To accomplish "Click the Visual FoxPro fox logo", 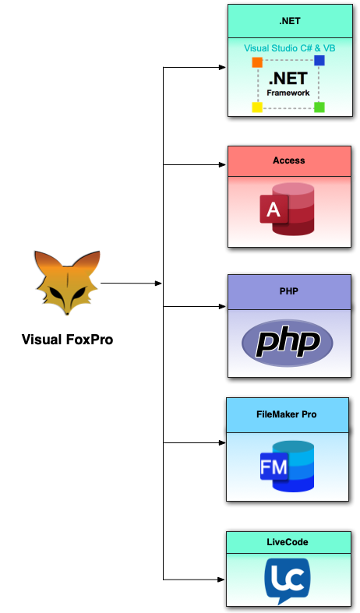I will pyautogui.click(x=67, y=282).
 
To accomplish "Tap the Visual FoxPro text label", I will pyautogui.click(x=67, y=339).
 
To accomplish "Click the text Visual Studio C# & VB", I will pyautogui.click(x=289, y=48).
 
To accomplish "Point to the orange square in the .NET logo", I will pyautogui.click(x=257, y=62).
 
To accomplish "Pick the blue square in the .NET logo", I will pyautogui.click(x=319, y=60).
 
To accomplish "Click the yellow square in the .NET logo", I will pyautogui.click(x=257, y=107).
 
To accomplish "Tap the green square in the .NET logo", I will pyautogui.click(x=319, y=107).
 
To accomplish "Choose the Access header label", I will pyautogui.click(x=288, y=160).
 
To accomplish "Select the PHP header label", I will pyautogui.click(x=288, y=291).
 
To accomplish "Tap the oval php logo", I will pyautogui.click(x=287, y=343).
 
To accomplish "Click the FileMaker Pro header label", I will pyautogui.click(x=288, y=414).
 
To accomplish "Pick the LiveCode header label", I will pyautogui.click(x=288, y=541).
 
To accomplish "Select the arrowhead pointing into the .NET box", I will pyautogui.click(x=224, y=68).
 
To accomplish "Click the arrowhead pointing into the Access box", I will pyautogui.click(x=224, y=165).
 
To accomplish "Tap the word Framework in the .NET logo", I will pyautogui.click(x=288, y=93).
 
